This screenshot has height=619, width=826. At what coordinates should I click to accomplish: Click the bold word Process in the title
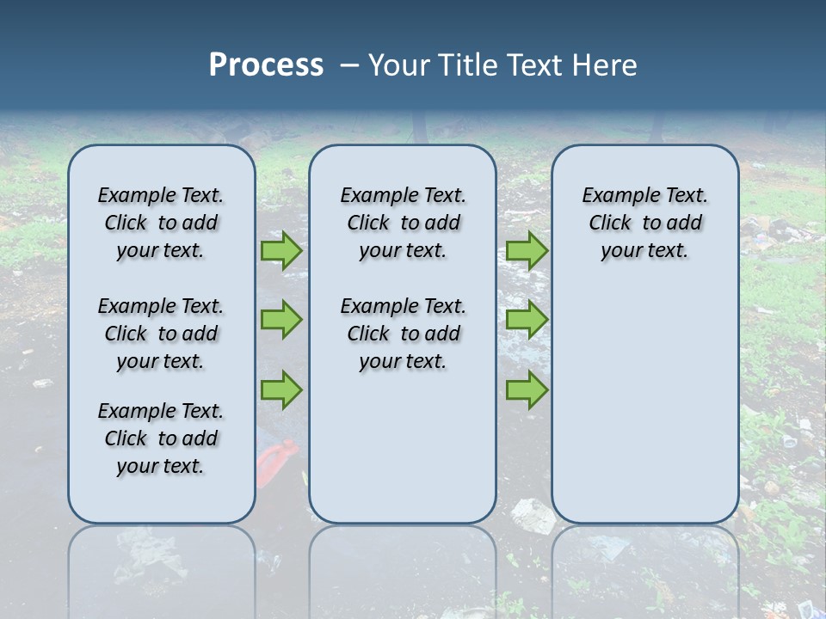(x=266, y=65)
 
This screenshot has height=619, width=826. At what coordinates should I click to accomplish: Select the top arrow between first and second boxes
(x=281, y=250)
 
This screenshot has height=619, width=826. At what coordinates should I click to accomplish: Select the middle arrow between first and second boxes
(x=281, y=320)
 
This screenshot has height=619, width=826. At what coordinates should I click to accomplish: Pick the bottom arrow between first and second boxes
(x=281, y=389)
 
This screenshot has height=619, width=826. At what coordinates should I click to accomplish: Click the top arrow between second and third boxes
(x=527, y=250)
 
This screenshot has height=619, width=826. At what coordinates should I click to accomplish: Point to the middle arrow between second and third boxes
(x=527, y=320)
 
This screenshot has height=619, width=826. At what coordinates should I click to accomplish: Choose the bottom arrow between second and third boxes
(x=527, y=389)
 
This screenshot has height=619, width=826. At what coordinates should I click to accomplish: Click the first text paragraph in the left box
(x=161, y=223)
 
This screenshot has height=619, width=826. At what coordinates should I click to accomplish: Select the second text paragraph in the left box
(x=161, y=334)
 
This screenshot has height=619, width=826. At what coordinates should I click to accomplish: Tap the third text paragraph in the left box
(x=161, y=438)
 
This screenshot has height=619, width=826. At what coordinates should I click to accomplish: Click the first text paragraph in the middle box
(x=403, y=223)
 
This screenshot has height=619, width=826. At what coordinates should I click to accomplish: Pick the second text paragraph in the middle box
(x=403, y=334)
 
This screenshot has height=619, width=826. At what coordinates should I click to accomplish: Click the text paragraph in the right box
(x=644, y=223)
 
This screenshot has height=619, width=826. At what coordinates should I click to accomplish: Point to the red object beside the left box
(x=278, y=460)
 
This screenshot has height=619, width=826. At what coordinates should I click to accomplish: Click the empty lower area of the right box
(x=644, y=404)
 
